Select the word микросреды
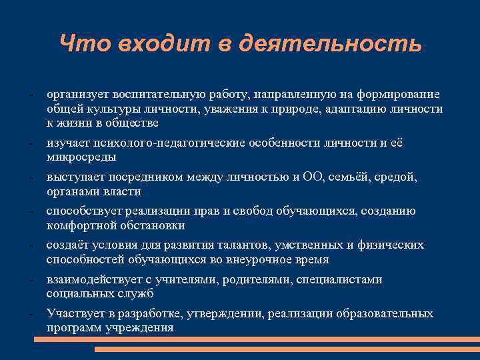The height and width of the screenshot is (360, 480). [81, 157]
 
